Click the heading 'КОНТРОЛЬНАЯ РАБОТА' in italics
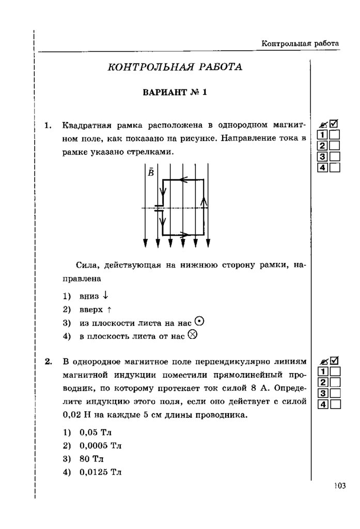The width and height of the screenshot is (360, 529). pos(174,67)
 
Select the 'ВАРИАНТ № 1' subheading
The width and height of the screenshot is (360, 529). pos(174,93)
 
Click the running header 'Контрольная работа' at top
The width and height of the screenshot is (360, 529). pos(300,43)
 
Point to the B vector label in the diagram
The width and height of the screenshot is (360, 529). pos(150,172)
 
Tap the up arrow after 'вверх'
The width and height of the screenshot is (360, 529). pos(109,309)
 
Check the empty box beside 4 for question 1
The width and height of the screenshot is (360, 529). pos(335,167)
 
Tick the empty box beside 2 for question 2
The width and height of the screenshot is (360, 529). pos(335,382)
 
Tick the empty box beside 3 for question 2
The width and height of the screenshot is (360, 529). pos(335,393)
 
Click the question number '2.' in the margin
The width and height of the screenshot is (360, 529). pos(49,361)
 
